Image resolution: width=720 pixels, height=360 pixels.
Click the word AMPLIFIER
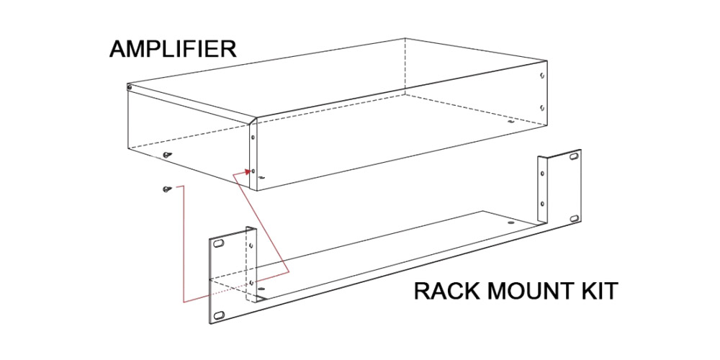pyautogui.click(x=172, y=50)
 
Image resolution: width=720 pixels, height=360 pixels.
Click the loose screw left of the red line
pyautogui.click(x=166, y=189)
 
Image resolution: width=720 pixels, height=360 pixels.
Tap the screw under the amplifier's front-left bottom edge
pyautogui.click(x=166, y=154)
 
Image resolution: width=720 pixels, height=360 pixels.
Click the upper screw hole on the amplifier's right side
pyautogui.click(x=542, y=75)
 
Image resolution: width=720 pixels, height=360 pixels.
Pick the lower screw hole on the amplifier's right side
pyautogui.click(x=542, y=107)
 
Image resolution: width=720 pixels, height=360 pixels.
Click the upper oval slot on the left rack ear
pyautogui.click(x=219, y=246)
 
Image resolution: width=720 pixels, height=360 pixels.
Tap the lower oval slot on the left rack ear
pyautogui.click(x=219, y=314)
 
